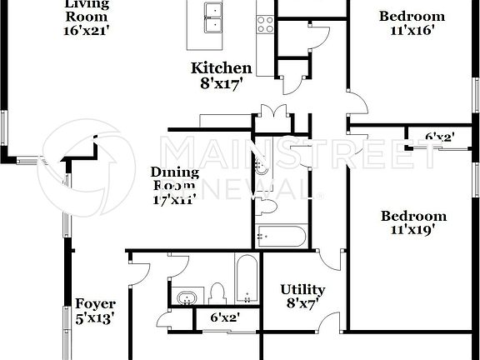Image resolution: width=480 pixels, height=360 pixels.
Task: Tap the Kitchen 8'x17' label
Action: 221,75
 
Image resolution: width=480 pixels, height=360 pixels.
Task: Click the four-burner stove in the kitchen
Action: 265,24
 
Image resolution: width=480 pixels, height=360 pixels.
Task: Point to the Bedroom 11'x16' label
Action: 412,22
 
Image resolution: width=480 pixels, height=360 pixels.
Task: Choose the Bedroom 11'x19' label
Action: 413,223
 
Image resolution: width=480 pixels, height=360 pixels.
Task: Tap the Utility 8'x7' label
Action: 302,297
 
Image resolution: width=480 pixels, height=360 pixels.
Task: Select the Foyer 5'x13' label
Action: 95,310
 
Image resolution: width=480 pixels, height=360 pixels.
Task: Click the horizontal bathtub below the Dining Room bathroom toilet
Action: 281,236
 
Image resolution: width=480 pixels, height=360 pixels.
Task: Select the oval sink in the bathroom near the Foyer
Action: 186,297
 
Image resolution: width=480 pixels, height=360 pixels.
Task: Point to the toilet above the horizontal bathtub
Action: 267,204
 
